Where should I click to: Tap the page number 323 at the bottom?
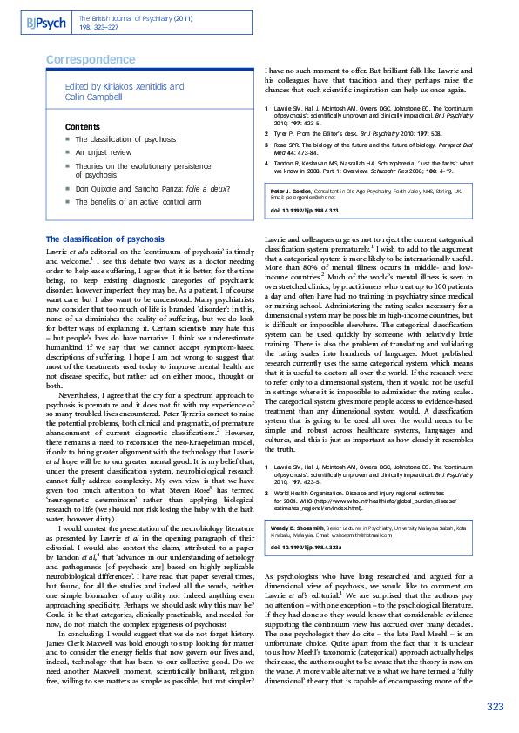coord(495,706)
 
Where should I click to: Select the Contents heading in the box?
coord(82,127)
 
